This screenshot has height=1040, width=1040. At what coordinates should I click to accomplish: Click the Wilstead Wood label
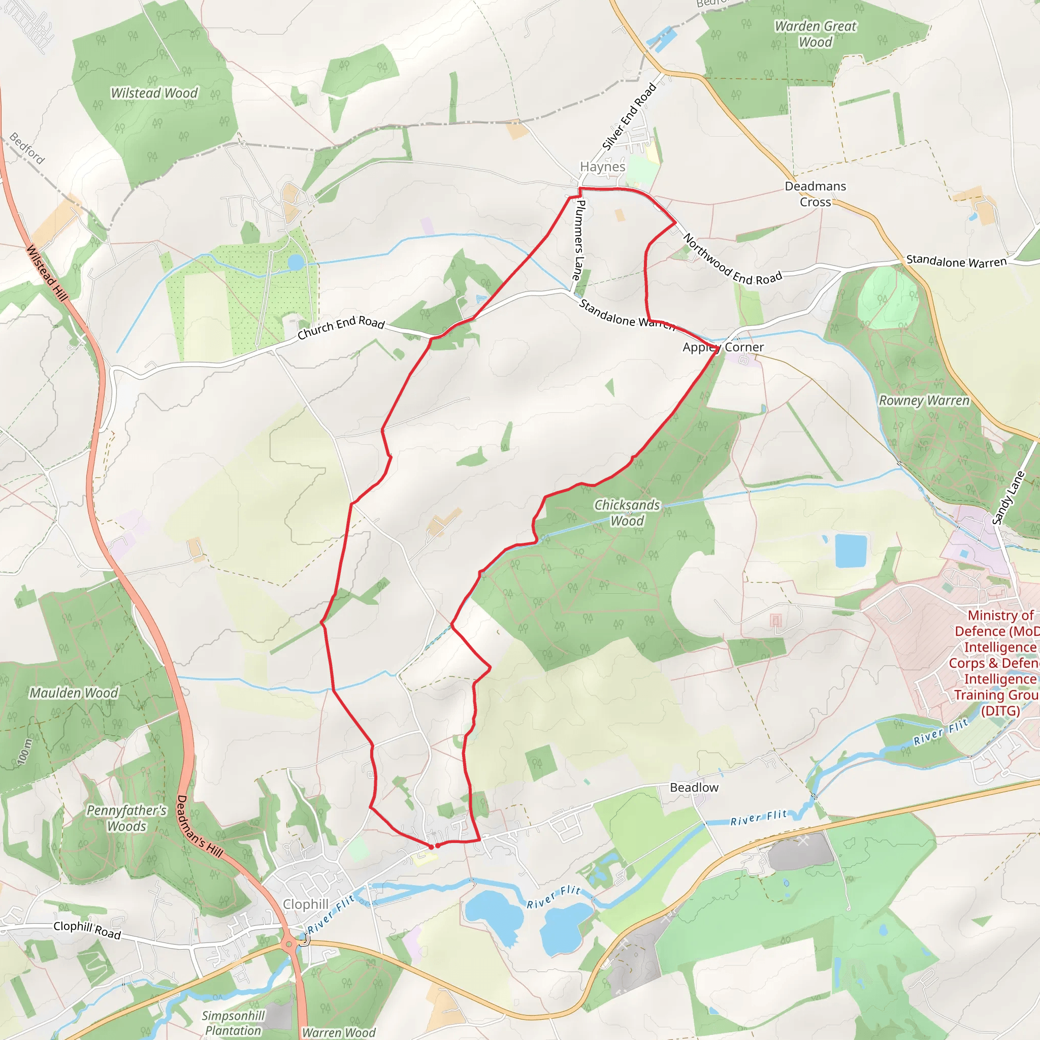point(154,93)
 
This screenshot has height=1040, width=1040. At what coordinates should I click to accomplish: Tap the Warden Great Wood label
point(815,34)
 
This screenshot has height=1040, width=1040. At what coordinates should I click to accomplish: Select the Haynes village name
point(602,167)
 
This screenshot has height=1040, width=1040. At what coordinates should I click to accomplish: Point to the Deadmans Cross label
point(815,194)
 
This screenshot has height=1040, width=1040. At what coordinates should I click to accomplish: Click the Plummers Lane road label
point(579,240)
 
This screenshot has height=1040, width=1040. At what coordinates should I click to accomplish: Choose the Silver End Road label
point(629,116)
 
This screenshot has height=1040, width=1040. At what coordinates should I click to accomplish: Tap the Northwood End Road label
point(732,259)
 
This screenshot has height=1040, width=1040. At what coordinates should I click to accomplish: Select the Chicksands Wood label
point(627,512)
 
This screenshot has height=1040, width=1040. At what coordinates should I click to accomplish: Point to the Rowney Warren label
point(924,401)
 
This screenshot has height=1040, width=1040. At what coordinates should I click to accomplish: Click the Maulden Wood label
point(73,693)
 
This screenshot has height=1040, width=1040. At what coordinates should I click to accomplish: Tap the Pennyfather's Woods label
point(126,818)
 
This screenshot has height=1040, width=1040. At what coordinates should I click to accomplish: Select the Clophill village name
point(306,904)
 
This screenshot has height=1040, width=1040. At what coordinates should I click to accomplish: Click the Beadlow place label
point(694,788)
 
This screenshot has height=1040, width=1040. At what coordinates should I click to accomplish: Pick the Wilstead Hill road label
point(47,273)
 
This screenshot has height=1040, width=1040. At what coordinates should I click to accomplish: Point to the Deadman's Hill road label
point(199,826)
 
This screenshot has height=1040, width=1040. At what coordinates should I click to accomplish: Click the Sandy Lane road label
point(1007,497)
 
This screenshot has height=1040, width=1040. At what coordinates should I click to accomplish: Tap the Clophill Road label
point(87,930)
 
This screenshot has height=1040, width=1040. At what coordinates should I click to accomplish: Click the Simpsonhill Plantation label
point(233,1023)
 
